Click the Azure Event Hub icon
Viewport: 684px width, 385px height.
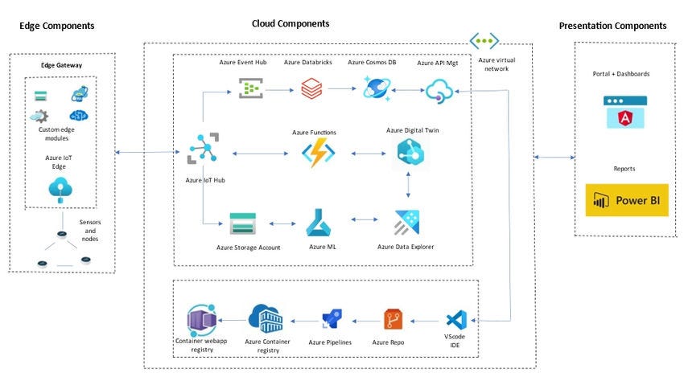click(x=251, y=88)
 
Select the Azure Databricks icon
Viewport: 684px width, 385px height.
click(x=311, y=88)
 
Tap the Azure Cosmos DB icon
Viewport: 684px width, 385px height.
click(x=375, y=88)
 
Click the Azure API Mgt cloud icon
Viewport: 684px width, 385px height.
click(x=440, y=92)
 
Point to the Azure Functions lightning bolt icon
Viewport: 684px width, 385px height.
click(x=317, y=153)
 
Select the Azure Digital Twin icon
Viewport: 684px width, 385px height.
click(x=410, y=153)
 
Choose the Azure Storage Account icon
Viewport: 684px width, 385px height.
click(x=242, y=223)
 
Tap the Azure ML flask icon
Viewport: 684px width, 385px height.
click(x=319, y=222)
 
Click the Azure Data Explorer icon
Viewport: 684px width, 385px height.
click(x=409, y=223)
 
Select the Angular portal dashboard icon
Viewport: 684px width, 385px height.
click(x=625, y=112)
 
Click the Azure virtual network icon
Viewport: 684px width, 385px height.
click(x=484, y=41)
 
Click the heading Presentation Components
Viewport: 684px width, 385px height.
click(x=612, y=27)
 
